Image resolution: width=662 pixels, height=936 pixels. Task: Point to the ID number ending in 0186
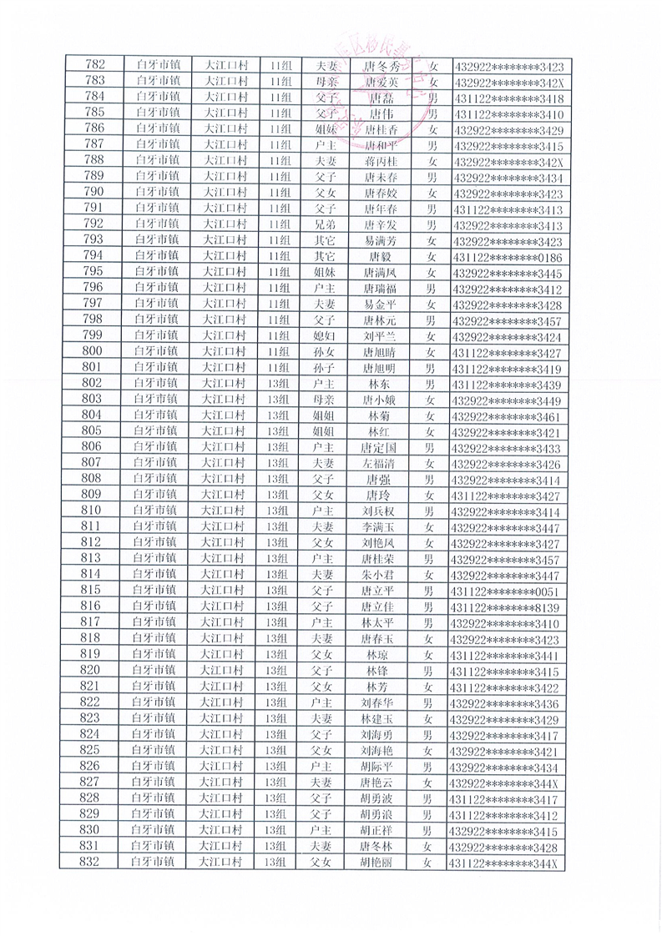pos(508,255)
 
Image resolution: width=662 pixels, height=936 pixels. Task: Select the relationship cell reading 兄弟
pos(321,224)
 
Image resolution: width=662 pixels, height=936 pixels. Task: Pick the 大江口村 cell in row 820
pos(223,670)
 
